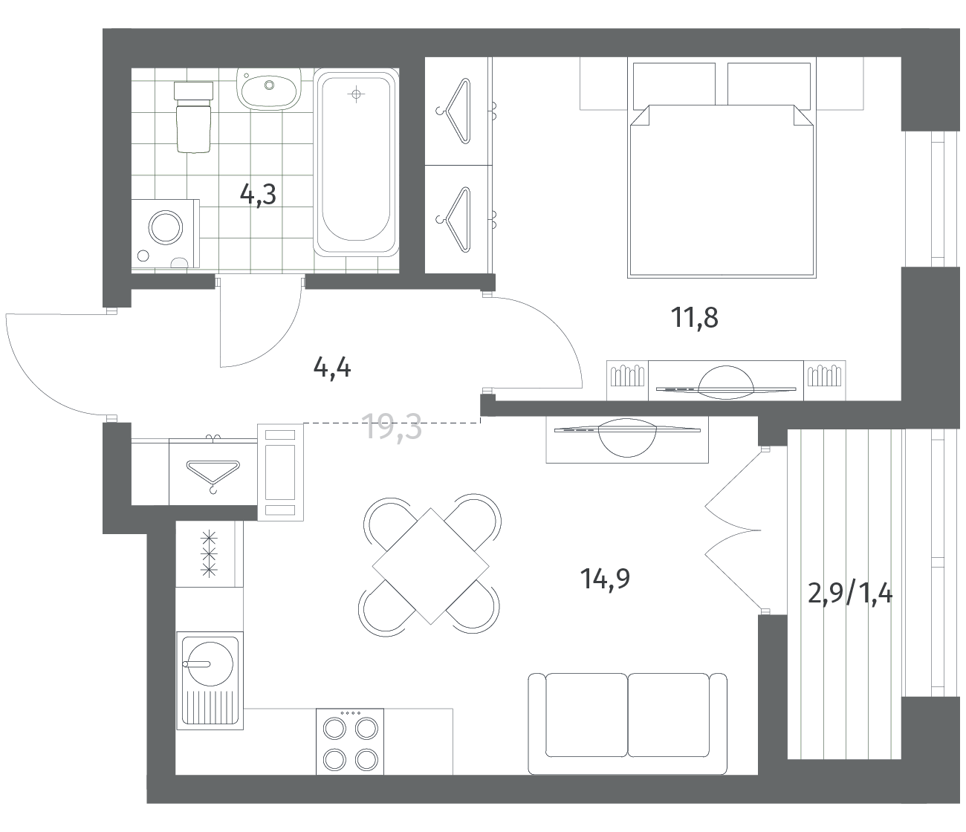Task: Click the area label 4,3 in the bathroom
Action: (258, 195)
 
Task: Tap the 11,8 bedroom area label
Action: (695, 318)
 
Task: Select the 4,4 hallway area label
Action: (332, 368)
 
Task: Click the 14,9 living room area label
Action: (605, 579)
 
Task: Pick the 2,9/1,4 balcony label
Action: (850, 594)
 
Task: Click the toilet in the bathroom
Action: (193, 117)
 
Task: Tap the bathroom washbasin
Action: (269, 88)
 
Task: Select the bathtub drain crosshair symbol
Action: (356, 94)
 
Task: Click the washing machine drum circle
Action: (166, 228)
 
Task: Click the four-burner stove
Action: (350, 742)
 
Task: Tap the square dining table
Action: (430, 567)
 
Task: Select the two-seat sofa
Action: (628, 724)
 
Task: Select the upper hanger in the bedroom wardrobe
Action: (456, 111)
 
